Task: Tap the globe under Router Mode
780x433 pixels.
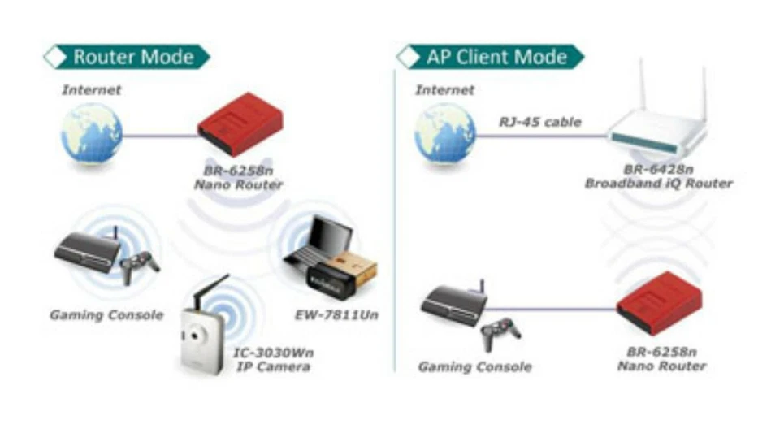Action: click(92, 133)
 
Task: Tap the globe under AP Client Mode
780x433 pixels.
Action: click(445, 133)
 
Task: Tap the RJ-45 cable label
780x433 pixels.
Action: click(540, 123)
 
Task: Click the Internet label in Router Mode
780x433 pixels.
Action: click(92, 89)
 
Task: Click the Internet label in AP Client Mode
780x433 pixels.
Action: click(444, 89)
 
